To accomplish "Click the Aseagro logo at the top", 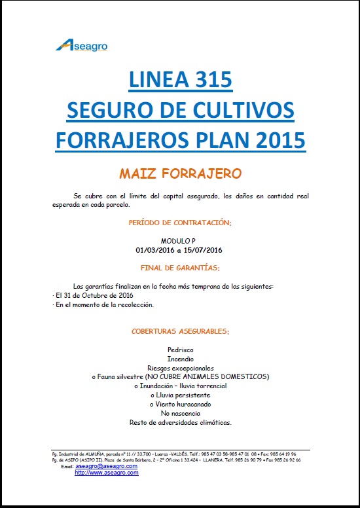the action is pos(82,45).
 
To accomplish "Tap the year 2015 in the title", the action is pos(277,140).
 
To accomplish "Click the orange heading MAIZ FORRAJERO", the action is pos(180,173).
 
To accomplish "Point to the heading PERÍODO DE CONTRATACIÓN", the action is pos(180,223).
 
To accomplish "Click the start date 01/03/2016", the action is pos(154,249).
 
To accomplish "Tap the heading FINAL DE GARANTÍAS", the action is pos(180,268).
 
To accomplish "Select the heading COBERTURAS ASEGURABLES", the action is pos(180,332).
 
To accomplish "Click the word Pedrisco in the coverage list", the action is pos(180,350).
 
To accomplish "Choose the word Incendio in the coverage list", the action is pos(180,359).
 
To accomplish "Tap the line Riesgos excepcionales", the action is pos(180,368).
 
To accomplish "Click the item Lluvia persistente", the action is pos(180,395).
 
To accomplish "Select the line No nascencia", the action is pos(180,414).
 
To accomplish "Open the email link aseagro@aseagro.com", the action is pos(106,465).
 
